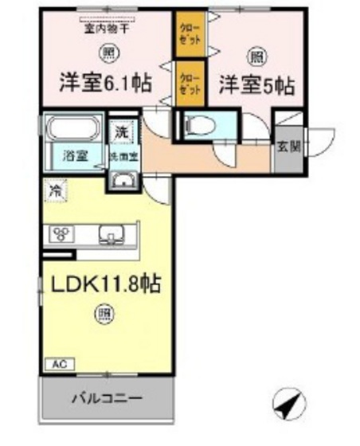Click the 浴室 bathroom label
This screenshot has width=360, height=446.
click(70, 156)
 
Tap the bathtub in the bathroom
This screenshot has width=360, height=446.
click(72, 127)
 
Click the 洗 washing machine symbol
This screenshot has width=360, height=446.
click(120, 130)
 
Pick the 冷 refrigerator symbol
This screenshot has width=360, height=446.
click(55, 191)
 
